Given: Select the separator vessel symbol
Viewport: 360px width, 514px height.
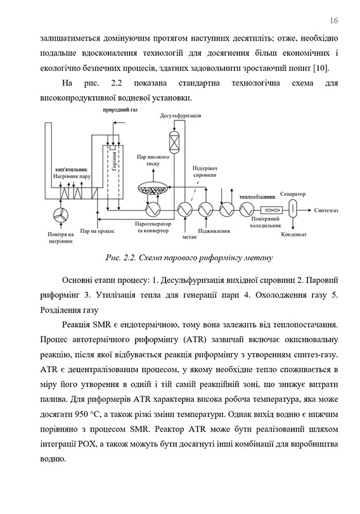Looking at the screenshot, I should coord(293,209).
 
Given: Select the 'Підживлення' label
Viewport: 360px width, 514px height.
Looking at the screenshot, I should coord(214,231).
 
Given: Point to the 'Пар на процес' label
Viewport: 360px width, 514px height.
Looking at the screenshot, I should coord(97,231).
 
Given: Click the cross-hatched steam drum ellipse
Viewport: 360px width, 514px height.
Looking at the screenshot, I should coord(153,188).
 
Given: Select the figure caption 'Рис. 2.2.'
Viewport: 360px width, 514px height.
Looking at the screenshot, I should coord(122,258).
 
